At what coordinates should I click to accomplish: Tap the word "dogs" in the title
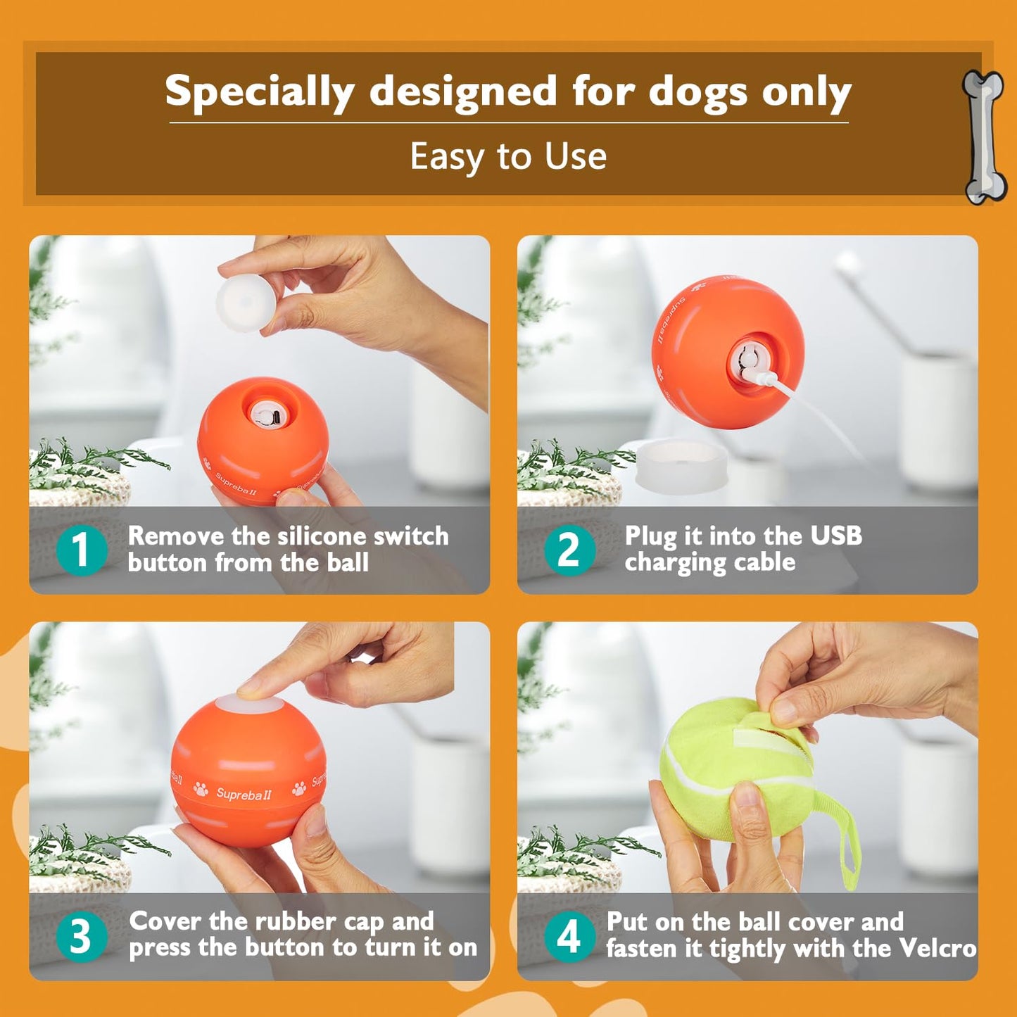tap(697, 93)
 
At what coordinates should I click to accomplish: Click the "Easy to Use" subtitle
tap(508, 156)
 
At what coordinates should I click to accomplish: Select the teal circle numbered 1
tap(81, 550)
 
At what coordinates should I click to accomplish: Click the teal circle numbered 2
tap(569, 550)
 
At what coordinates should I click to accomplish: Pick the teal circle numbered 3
tap(81, 936)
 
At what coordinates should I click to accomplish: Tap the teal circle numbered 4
tap(569, 936)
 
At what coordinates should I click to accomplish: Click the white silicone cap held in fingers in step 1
tap(244, 303)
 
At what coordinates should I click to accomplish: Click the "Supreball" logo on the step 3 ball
tap(244, 795)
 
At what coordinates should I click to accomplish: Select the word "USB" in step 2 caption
tap(835, 536)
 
